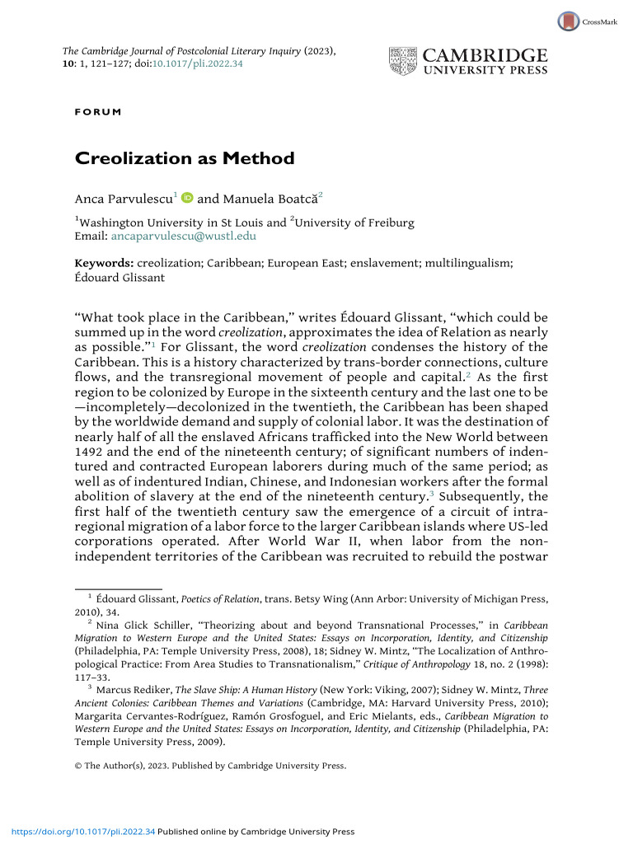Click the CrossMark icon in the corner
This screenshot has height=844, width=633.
[569, 21]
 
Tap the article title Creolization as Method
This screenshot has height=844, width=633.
[173, 158]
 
